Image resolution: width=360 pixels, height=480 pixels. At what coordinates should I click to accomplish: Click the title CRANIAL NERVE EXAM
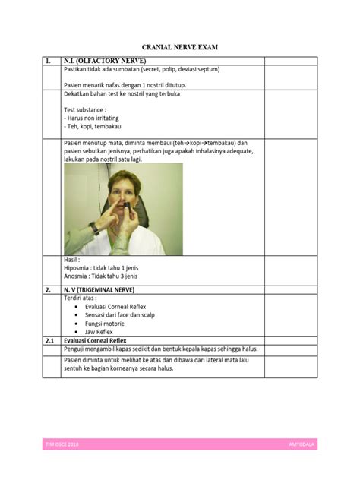pyautogui.click(x=179, y=47)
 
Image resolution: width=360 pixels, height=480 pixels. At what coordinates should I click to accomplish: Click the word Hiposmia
pyautogui.click(x=78, y=268)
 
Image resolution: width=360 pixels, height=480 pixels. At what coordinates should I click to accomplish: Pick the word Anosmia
pyautogui.click(x=77, y=277)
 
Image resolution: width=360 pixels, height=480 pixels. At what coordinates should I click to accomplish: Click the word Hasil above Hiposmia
pyautogui.click(x=71, y=260)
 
